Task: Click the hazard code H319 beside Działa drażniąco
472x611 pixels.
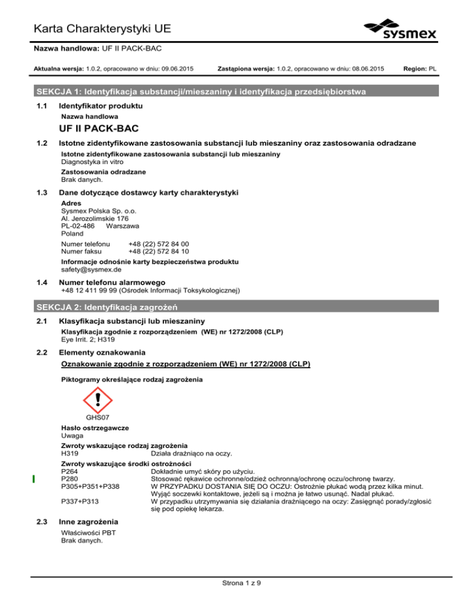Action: (x=71, y=454)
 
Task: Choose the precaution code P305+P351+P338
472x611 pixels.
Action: (x=90, y=487)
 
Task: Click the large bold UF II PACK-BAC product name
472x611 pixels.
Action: (x=103, y=130)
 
